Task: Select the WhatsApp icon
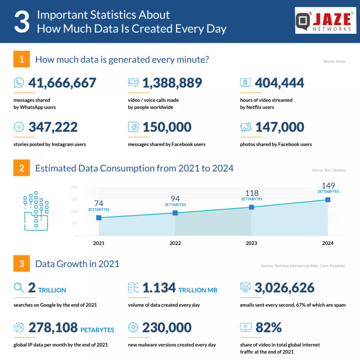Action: tap(19, 83)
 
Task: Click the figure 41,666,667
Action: tap(62, 83)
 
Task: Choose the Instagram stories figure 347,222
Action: tap(53, 127)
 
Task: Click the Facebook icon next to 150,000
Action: tap(133, 127)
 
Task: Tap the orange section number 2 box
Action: tap(22, 168)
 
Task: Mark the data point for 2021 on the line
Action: tap(99, 217)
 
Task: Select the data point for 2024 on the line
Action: tap(328, 200)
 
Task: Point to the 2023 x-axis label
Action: tap(251, 243)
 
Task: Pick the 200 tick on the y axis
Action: tap(74, 187)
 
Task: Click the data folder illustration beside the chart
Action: tap(36, 211)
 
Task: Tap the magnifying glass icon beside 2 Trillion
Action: tap(19, 288)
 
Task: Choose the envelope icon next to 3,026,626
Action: tap(246, 288)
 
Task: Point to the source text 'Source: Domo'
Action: tap(334, 61)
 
